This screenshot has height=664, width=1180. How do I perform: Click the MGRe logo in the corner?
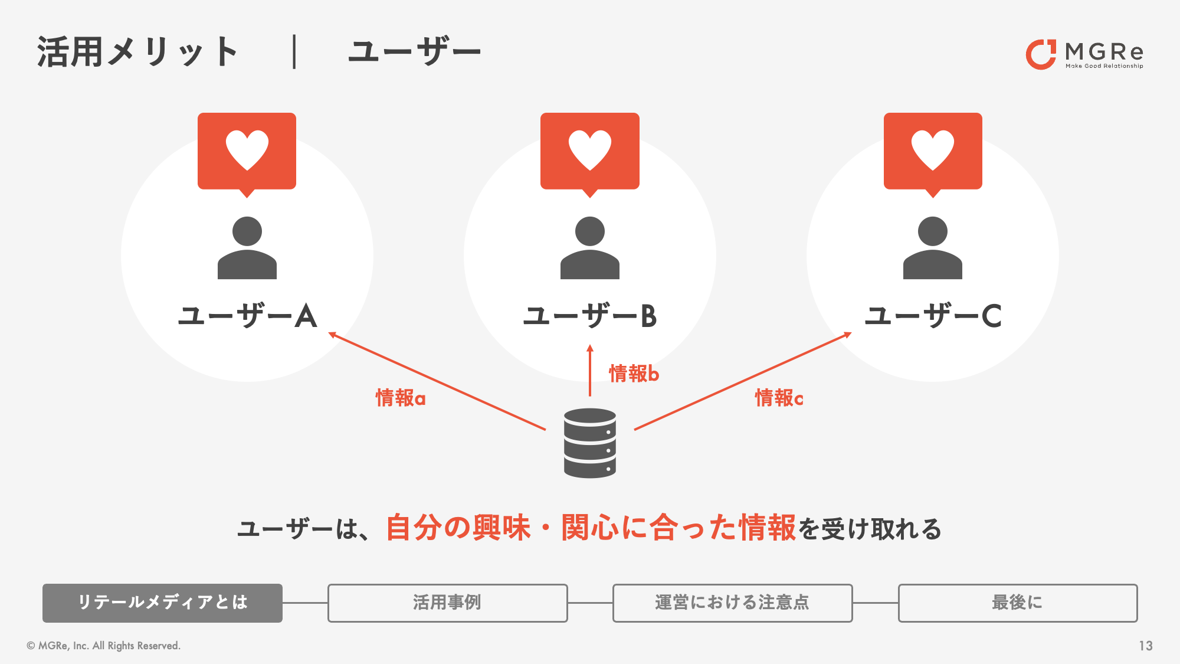point(1084,54)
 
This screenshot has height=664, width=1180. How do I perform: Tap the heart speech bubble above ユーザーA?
point(247,154)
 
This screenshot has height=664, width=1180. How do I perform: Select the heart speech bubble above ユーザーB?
point(590,154)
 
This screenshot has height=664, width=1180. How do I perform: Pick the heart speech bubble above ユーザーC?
point(933,154)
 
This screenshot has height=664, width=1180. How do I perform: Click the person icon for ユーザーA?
point(247,248)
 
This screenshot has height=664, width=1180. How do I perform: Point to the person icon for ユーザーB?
point(590,248)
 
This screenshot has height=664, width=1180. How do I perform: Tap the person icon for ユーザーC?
point(933,248)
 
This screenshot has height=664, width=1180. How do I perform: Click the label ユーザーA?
point(248,316)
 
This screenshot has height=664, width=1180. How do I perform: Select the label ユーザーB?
point(590,316)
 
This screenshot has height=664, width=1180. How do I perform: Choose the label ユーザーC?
point(933,316)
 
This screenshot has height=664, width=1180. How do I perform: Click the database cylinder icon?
point(590,443)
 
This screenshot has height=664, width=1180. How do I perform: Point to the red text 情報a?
point(401,398)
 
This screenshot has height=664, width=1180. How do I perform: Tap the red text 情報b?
point(634,374)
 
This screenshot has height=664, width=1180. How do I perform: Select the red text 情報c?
point(779,398)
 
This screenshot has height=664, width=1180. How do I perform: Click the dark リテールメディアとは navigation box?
point(162,603)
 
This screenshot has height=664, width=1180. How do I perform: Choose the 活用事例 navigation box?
point(448,603)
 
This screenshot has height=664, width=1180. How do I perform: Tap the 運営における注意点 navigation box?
point(733,603)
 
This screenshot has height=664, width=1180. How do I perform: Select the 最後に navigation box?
point(1018,603)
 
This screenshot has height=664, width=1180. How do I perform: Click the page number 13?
point(1146,646)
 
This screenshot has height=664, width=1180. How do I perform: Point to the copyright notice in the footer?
point(104,646)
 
